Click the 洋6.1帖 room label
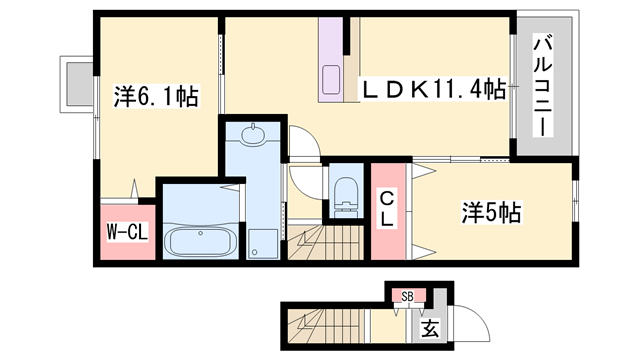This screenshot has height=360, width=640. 155,97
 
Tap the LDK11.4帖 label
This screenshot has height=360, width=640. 432,90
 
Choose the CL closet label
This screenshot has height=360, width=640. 386,210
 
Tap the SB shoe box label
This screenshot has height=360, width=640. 407,296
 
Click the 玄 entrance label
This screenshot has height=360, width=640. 428,328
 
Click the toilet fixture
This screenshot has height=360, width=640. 343,190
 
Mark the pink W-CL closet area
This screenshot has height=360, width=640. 127,233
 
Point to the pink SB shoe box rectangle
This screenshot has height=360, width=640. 407,296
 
